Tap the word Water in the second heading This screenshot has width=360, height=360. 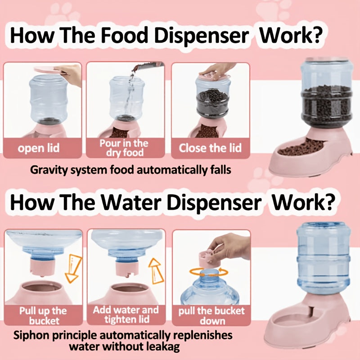131,202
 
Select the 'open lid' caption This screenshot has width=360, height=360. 39,148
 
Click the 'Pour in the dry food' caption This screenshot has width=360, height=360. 124,148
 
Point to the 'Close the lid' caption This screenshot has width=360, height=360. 210,148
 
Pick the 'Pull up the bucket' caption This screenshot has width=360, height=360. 43,315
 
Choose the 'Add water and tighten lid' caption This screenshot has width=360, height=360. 126,315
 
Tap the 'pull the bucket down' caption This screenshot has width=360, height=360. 211,316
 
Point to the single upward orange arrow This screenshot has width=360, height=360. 156,271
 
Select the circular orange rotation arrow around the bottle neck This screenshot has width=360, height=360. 209,272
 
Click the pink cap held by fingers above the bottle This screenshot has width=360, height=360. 207,258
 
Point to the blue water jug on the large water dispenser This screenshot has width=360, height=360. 324,258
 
